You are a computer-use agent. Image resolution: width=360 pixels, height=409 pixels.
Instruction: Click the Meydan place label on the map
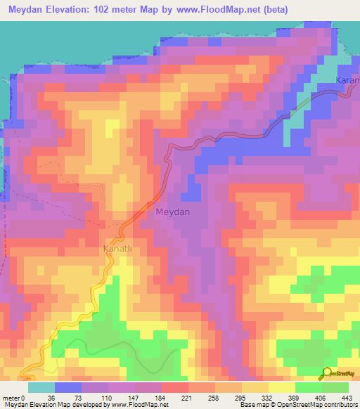pyautogui.click(x=172, y=212)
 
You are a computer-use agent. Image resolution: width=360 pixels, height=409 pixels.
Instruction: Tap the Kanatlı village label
pyautogui.click(x=117, y=249)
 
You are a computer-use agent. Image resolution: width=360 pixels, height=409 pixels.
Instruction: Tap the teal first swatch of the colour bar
pyautogui.click(x=41, y=387)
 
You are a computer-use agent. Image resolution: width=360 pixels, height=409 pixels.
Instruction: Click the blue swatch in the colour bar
pyautogui.click(x=68, y=387)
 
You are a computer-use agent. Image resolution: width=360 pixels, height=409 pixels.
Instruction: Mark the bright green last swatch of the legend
pyautogui.click(x=335, y=387)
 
